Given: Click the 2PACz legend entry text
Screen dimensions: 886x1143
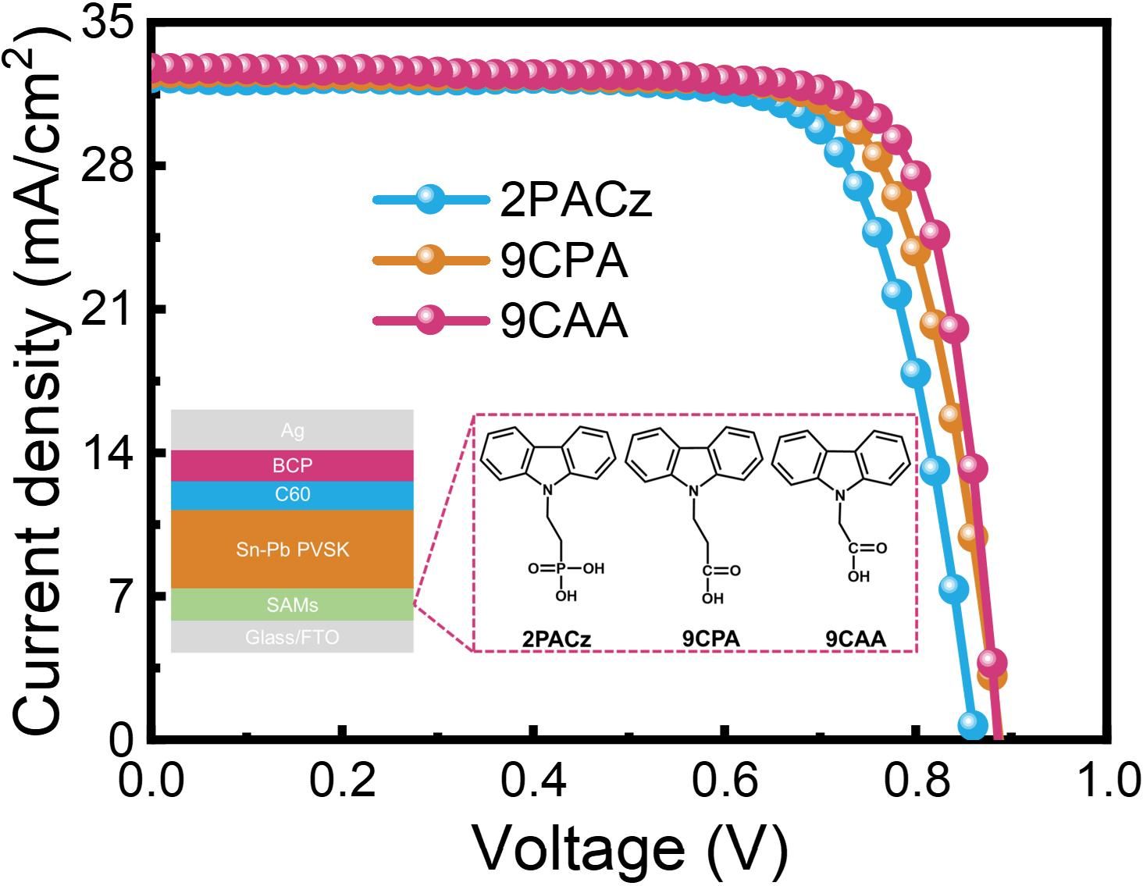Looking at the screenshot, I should point(575,201).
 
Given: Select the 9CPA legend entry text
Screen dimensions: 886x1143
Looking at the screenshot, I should point(564,261).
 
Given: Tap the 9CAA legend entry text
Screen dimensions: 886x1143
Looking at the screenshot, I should point(564,320).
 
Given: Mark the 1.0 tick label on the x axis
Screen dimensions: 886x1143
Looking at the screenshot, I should point(1107,779).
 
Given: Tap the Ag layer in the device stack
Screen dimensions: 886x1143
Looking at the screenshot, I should point(292,430).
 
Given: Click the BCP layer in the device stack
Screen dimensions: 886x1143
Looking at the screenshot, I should point(292,465).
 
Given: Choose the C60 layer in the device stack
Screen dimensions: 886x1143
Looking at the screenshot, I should point(292,495).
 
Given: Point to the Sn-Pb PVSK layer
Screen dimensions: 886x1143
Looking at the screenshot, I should point(292,550).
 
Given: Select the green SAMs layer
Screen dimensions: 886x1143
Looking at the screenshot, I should point(292,605).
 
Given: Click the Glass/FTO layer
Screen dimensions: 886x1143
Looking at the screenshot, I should point(292,637).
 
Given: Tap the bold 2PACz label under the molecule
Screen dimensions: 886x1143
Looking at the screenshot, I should point(557,639).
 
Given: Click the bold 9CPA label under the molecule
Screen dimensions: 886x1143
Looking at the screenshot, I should point(710,639).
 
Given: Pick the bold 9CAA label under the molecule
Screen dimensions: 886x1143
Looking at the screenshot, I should point(856,639).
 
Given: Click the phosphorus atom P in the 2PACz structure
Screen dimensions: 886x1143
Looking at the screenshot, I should point(560,568).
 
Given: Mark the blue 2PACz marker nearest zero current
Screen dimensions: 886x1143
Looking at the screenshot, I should point(972,724).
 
